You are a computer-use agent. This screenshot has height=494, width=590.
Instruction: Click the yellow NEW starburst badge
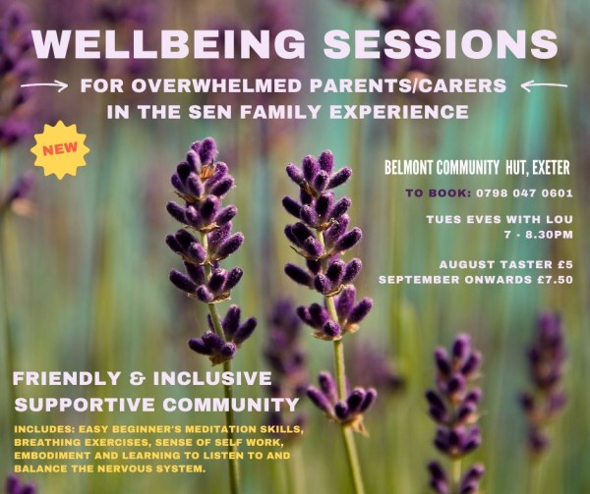tap(60, 149)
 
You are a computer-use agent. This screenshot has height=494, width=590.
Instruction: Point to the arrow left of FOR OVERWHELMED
tap(43, 86)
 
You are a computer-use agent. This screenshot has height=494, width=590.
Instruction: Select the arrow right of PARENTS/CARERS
tap(544, 86)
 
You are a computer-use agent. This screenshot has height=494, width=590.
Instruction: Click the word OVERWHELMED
tap(217, 86)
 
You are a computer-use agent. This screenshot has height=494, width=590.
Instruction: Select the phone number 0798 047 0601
tap(524, 193)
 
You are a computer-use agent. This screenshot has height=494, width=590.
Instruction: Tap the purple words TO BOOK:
tap(438, 193)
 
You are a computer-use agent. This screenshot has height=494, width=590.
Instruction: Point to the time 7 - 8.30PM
tap(539, 235)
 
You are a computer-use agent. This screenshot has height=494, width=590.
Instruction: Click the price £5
tap(565, 264)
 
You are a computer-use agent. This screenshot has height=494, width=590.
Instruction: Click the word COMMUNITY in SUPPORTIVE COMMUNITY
tap(231, 405)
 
